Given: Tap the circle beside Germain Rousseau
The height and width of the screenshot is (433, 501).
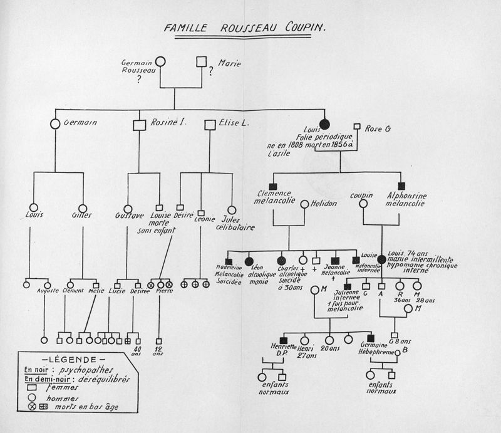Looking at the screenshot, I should click(160, 61).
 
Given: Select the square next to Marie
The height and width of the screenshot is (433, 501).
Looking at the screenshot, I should click(202, 61).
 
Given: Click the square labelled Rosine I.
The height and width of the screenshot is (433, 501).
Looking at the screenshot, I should click(140, 124).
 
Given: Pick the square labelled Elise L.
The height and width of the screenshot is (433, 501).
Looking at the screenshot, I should click(210, 124).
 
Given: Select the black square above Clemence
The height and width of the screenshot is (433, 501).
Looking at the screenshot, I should click(272, 185).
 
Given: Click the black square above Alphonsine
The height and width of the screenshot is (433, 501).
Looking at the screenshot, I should click(401, 185).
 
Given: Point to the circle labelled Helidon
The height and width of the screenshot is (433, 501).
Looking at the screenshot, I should click(304, 204).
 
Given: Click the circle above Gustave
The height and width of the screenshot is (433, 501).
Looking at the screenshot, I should click(128, 209).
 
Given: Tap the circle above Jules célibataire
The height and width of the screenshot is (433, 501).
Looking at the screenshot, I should click(232, 210).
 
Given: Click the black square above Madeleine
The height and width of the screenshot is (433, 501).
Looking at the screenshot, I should click(229, 260).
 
